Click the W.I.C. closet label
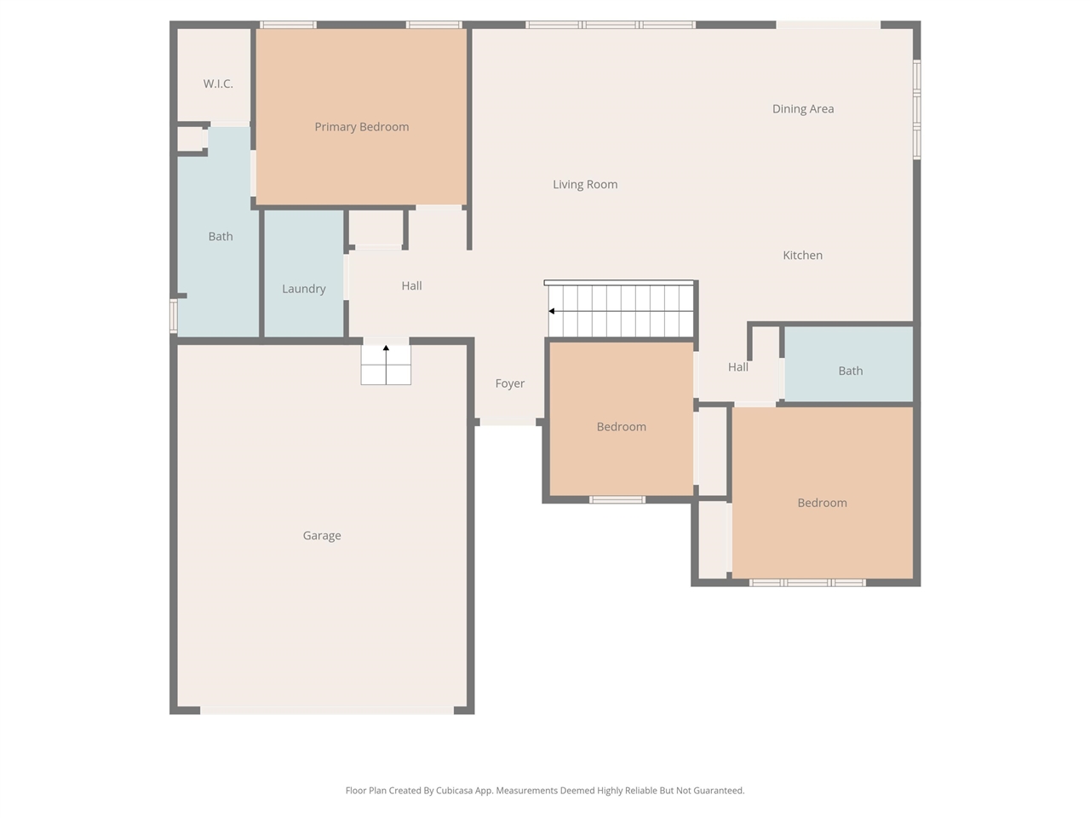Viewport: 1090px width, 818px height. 218,84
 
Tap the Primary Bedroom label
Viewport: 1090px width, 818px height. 362,127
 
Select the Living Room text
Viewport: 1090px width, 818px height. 585,185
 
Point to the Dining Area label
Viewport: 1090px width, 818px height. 803,109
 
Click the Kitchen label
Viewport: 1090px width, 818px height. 802,256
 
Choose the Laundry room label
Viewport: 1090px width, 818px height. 304,289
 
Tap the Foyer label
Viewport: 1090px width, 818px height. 510,383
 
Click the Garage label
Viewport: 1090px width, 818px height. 322,535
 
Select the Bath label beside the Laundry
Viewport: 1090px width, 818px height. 221,236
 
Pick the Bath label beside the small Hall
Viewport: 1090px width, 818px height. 850,371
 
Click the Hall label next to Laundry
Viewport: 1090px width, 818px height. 411,285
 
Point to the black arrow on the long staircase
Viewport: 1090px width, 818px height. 551,311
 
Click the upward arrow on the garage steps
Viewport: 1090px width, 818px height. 386,349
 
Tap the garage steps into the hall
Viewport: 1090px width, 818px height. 386,365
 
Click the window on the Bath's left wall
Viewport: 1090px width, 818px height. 174,316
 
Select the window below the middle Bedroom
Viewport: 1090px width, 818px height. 617,499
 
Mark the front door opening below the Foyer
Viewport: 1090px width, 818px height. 508,422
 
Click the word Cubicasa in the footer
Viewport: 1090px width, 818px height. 455,791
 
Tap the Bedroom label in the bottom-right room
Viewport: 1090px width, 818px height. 823,503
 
